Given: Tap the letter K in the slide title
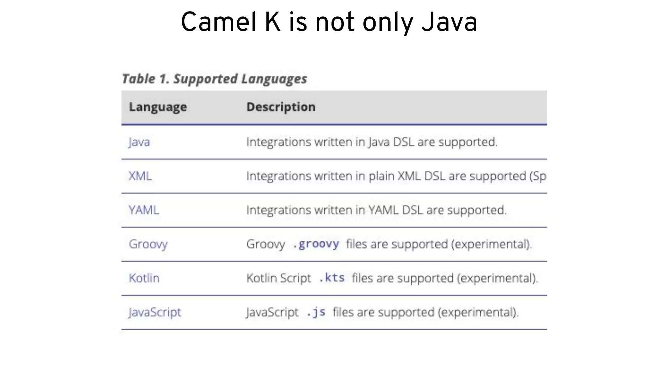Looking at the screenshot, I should point(272,22).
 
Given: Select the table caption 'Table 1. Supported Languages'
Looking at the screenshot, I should point(214,79).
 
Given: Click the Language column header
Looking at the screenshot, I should point(158,107).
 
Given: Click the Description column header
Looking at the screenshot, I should point(281,107).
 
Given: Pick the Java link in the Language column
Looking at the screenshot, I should point(139,142).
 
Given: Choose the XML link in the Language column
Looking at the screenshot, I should point(140,176).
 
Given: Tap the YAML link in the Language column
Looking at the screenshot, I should point(144,210).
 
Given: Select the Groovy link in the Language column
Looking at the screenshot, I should point(148,244).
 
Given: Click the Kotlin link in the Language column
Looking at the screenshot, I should point(144,278).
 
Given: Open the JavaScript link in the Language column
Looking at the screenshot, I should point(155,312).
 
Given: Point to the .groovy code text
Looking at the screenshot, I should point(316,244).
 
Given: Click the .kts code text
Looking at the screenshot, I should point(332,278).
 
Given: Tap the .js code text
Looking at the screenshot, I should point(316,312).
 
